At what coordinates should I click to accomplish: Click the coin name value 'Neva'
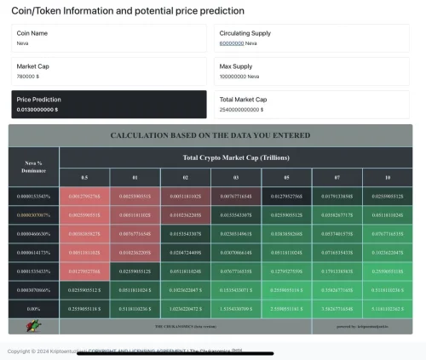click(x=23, y=43)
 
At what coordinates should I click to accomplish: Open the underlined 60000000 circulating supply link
click(x=231, y=43)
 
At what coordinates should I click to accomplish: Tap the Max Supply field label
click(x=236, y=66)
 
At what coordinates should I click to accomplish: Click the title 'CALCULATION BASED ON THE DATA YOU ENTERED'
click(x=210, y=135)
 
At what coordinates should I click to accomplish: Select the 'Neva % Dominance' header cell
click(x=33, y=166)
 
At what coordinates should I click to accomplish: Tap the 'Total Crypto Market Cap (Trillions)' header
click(x=235, y=157)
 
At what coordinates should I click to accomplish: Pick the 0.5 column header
click(x=84, y=177)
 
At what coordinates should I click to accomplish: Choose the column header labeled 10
click(x=387, y=177)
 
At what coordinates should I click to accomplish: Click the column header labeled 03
click(x=236, y=177)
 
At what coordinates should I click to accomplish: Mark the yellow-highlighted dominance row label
click(x=33, y=215)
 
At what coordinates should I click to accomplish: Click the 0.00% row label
click(x=33, y=309)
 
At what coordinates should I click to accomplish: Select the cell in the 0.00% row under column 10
click(x=387, y=309)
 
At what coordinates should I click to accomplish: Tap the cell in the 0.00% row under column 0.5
click(x=84, y=309)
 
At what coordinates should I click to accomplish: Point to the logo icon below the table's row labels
click(x=32, y=326)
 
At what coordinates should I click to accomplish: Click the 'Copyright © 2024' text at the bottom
click(x=26, y=351)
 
